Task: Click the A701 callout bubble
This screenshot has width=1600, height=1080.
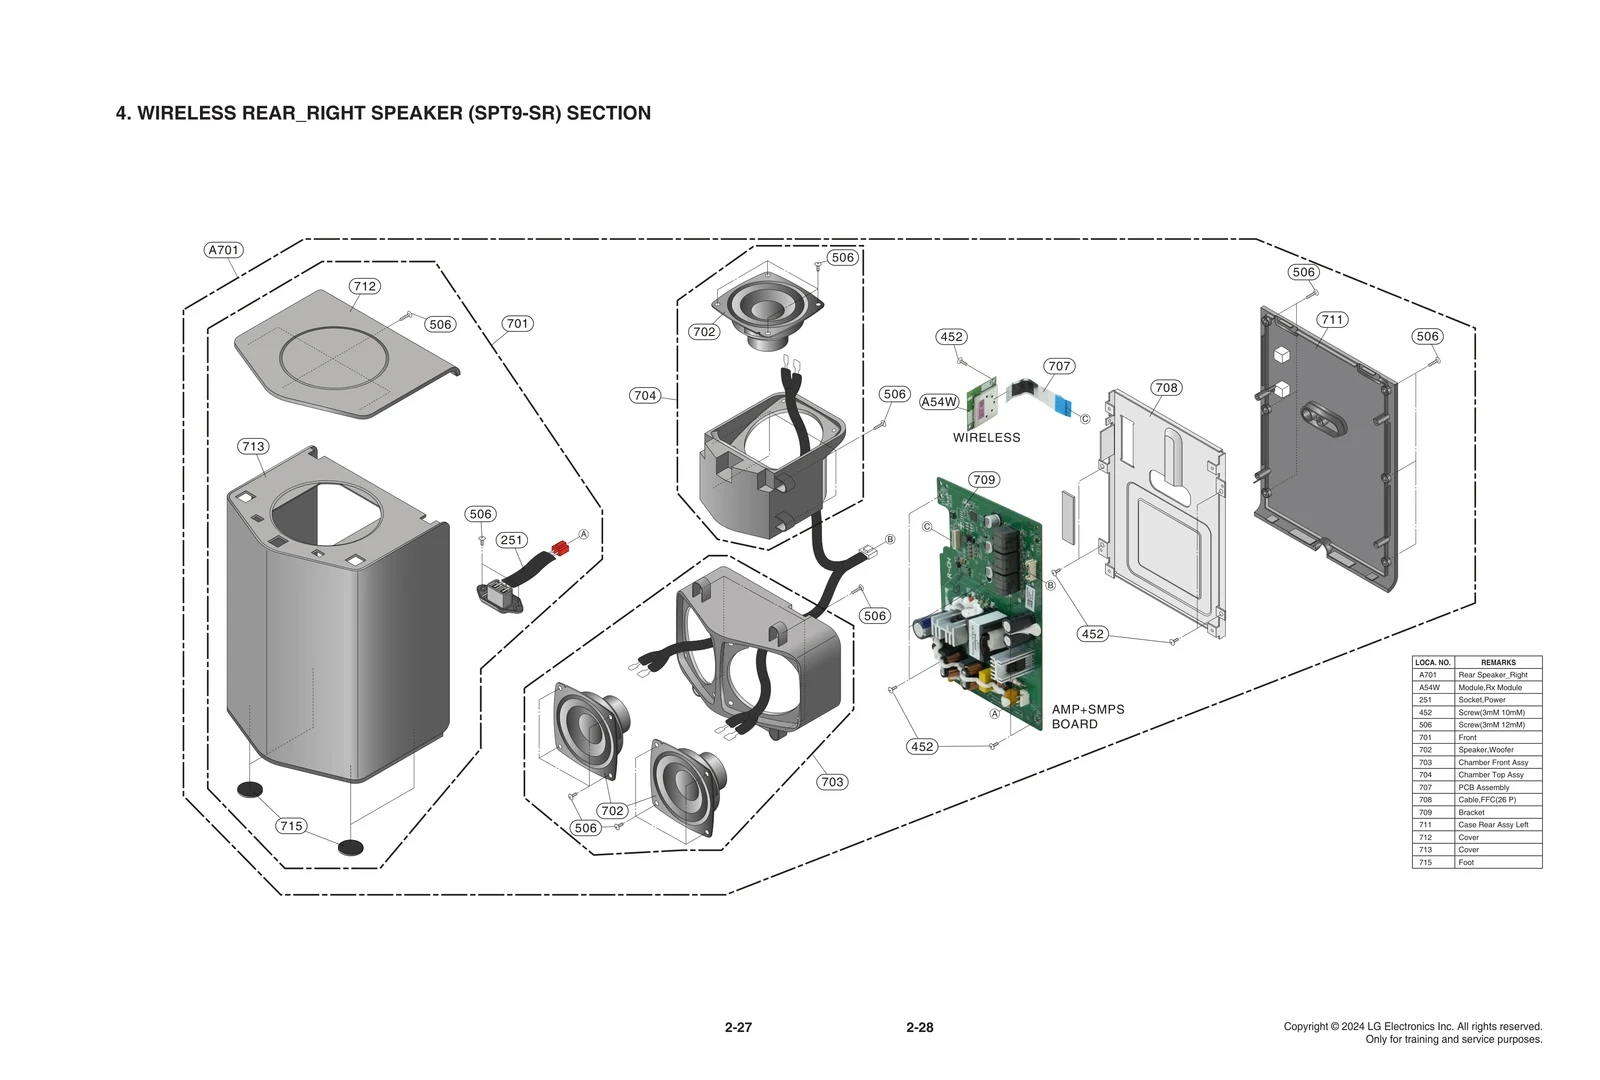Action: pyautogui.click(x=224, y=250)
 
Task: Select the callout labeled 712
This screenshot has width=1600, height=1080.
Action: pyautogui.click(x=364, y=286)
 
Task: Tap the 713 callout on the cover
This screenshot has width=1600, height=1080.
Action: pyautogui.click(x=253, y=446)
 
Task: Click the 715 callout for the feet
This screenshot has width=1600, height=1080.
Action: pyautogui.click(x=291, y=826)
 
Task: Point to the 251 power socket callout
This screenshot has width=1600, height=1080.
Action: pyautogui.click(x=511, y=540)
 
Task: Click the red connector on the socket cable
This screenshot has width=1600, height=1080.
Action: pyautogui.click(x=560, y=548)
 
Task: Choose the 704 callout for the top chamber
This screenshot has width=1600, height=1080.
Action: pyautogui.click(x=645, y=395)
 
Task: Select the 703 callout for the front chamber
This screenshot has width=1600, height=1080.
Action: pyautogui.click(x=831, y=782)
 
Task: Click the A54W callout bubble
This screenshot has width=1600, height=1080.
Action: pyautogui.click(x=939, y=402)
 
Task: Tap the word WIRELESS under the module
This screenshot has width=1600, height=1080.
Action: pyautogui.click(x=986, y=438)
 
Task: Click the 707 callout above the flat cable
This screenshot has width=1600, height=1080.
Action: pyautogui.click(x=1059, y=366)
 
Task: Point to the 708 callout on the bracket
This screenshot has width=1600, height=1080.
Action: pyautogui.click(x=1166, y=388)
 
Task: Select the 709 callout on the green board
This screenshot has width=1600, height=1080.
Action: pyautogui.click(x=984, y=480)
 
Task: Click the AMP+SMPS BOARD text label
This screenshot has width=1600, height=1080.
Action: pyautogui.click(x=1087, y=717)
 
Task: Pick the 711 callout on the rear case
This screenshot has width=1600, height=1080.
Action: pyautogui.click(x=1331, y=320)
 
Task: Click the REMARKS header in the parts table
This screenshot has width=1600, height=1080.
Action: pyautogui.click(x=1497, y=662)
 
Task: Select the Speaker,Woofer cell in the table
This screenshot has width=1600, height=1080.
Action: pyautogui.click(x=1485, y=750)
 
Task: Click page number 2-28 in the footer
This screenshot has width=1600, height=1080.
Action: pyautogui.click(x=919, y=1027)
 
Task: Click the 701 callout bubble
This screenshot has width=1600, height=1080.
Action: pyautogui.click(x=517, y=324)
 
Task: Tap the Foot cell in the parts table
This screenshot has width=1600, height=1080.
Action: pyautogui.click(x=1466, y=862)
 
